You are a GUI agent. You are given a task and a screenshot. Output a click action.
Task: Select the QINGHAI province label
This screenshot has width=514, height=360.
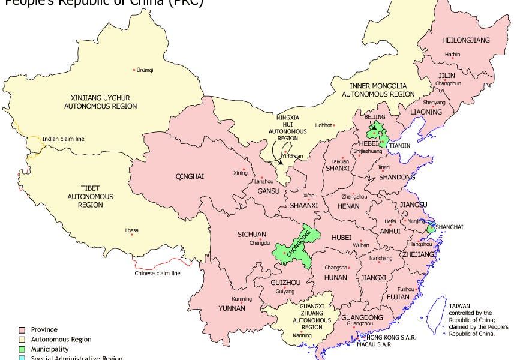point(190,176)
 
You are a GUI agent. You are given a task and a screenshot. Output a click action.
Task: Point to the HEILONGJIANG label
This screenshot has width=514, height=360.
point(465,40)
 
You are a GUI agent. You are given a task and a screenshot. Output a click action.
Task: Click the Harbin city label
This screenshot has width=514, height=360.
point(453,55)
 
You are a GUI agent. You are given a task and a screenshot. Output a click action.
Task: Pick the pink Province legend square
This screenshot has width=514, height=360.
point(22,329)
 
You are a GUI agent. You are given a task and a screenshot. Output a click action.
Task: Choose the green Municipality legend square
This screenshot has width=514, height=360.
point(22,349)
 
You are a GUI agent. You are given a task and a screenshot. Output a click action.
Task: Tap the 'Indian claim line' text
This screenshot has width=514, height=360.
point(63,139)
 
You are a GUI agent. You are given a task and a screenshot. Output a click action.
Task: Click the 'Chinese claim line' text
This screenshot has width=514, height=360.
point(157,274)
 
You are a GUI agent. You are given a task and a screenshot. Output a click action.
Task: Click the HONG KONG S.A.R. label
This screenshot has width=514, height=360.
point(383,338)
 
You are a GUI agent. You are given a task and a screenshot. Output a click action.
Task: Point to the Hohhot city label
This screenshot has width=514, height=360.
point(323,125)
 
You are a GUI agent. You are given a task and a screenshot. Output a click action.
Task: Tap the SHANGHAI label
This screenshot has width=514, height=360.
point(449,227)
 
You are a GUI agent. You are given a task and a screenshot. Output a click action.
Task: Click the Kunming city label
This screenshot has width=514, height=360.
point(242,299)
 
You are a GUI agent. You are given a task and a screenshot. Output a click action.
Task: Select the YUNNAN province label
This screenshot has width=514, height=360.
point(232,308)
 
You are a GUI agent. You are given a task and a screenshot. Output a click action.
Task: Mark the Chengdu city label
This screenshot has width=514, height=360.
point(259,243)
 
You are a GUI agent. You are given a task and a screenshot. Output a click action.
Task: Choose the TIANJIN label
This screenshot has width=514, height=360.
point(399,146)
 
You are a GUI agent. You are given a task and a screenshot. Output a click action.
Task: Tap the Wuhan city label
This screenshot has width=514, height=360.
point(361,245)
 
